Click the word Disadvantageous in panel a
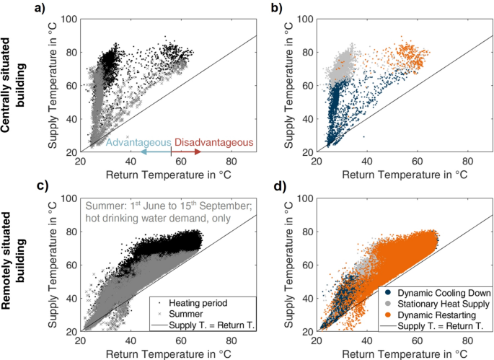coord(214,143)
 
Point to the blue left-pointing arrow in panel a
coord(156,153)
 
